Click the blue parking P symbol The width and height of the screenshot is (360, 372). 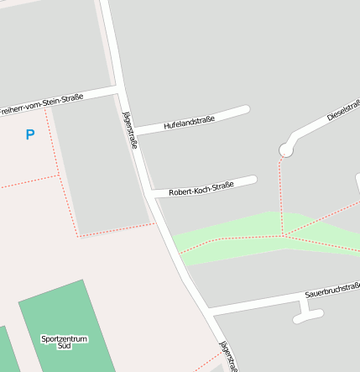[30, 134]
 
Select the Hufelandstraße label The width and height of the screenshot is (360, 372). [190, 122]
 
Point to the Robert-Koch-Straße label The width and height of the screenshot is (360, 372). [201, 190]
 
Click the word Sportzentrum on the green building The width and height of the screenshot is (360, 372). [64, 338]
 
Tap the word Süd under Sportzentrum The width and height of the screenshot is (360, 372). [64, 346]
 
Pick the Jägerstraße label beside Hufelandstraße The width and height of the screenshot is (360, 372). [130, 130]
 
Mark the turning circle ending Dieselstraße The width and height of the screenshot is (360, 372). [286, 150]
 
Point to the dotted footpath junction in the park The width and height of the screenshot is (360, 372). [283, 235]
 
